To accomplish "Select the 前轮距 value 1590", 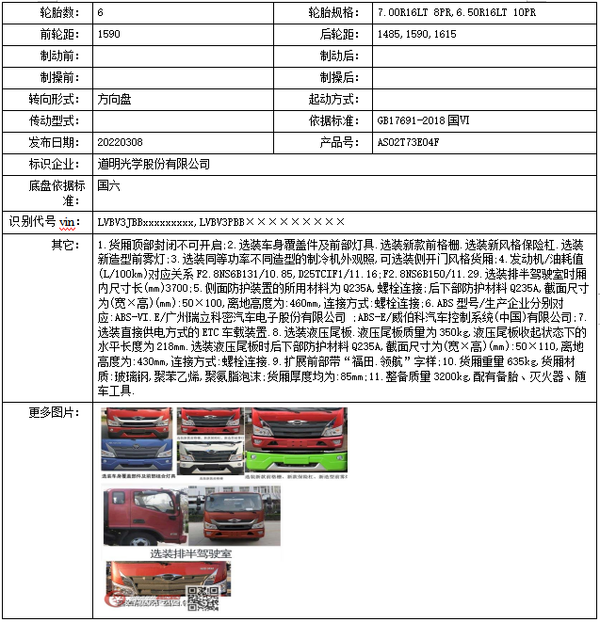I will click(x=110, y=35).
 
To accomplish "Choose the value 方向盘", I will click(x=114, y=99).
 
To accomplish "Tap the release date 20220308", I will click(x=120, y=142).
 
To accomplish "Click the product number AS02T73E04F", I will click(x=409, y=142).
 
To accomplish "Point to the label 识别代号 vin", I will click(x=44, y=222).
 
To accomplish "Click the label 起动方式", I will click(x=332, y=99).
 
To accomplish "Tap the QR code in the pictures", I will click(x=202, y=598).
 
